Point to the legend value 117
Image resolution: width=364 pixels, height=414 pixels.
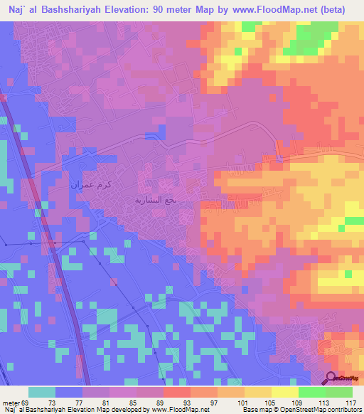(350, 403)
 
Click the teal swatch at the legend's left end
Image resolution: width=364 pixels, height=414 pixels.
(42, 392)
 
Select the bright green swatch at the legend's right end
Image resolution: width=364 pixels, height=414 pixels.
(339, 392)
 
